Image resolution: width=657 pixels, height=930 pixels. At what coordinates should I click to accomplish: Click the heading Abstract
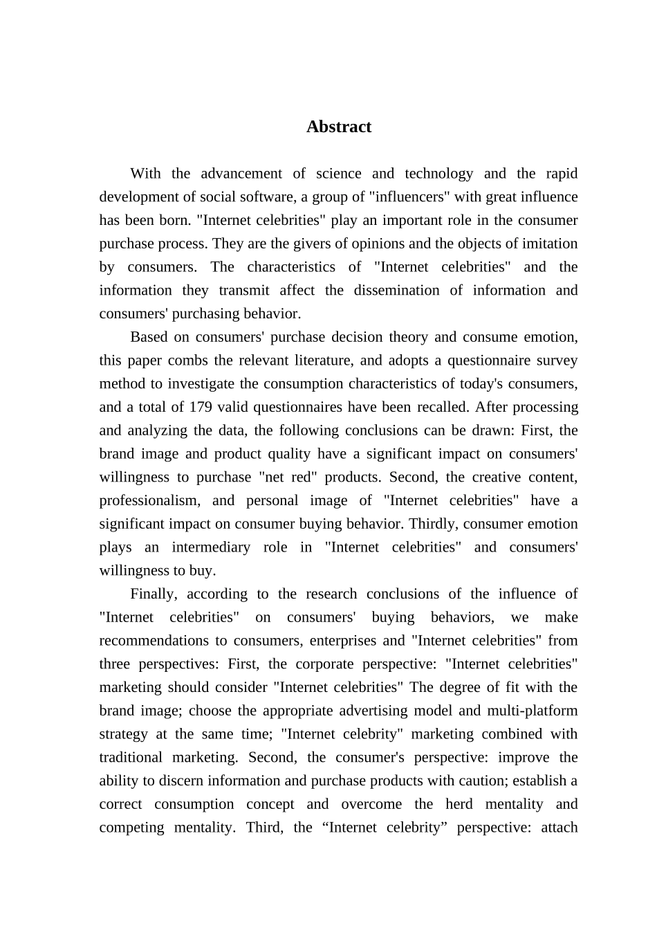coord(339,127)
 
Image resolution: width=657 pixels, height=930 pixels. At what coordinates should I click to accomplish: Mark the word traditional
coord(131,758)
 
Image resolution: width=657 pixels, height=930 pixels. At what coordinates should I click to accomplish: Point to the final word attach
coord(560,828)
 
